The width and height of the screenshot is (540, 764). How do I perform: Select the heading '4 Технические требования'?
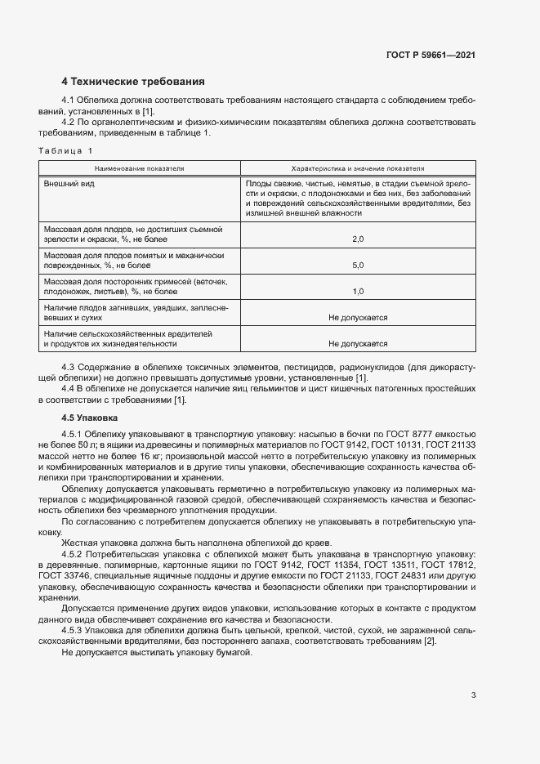[132, 82]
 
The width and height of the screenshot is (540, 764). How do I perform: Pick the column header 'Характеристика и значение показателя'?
[358, 168]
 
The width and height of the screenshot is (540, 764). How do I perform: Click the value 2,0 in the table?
[357, 239]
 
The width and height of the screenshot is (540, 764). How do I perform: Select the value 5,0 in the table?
[357, 266]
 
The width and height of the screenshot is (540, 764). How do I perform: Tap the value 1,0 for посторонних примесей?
[357, 291]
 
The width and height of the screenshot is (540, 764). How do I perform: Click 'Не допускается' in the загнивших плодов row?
[357, 317]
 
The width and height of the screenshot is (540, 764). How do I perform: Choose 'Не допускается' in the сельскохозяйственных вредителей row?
[357, 344]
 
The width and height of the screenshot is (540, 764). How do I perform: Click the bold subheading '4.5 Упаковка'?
[89, 418]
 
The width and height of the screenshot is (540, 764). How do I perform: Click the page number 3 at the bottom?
[473, 695]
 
